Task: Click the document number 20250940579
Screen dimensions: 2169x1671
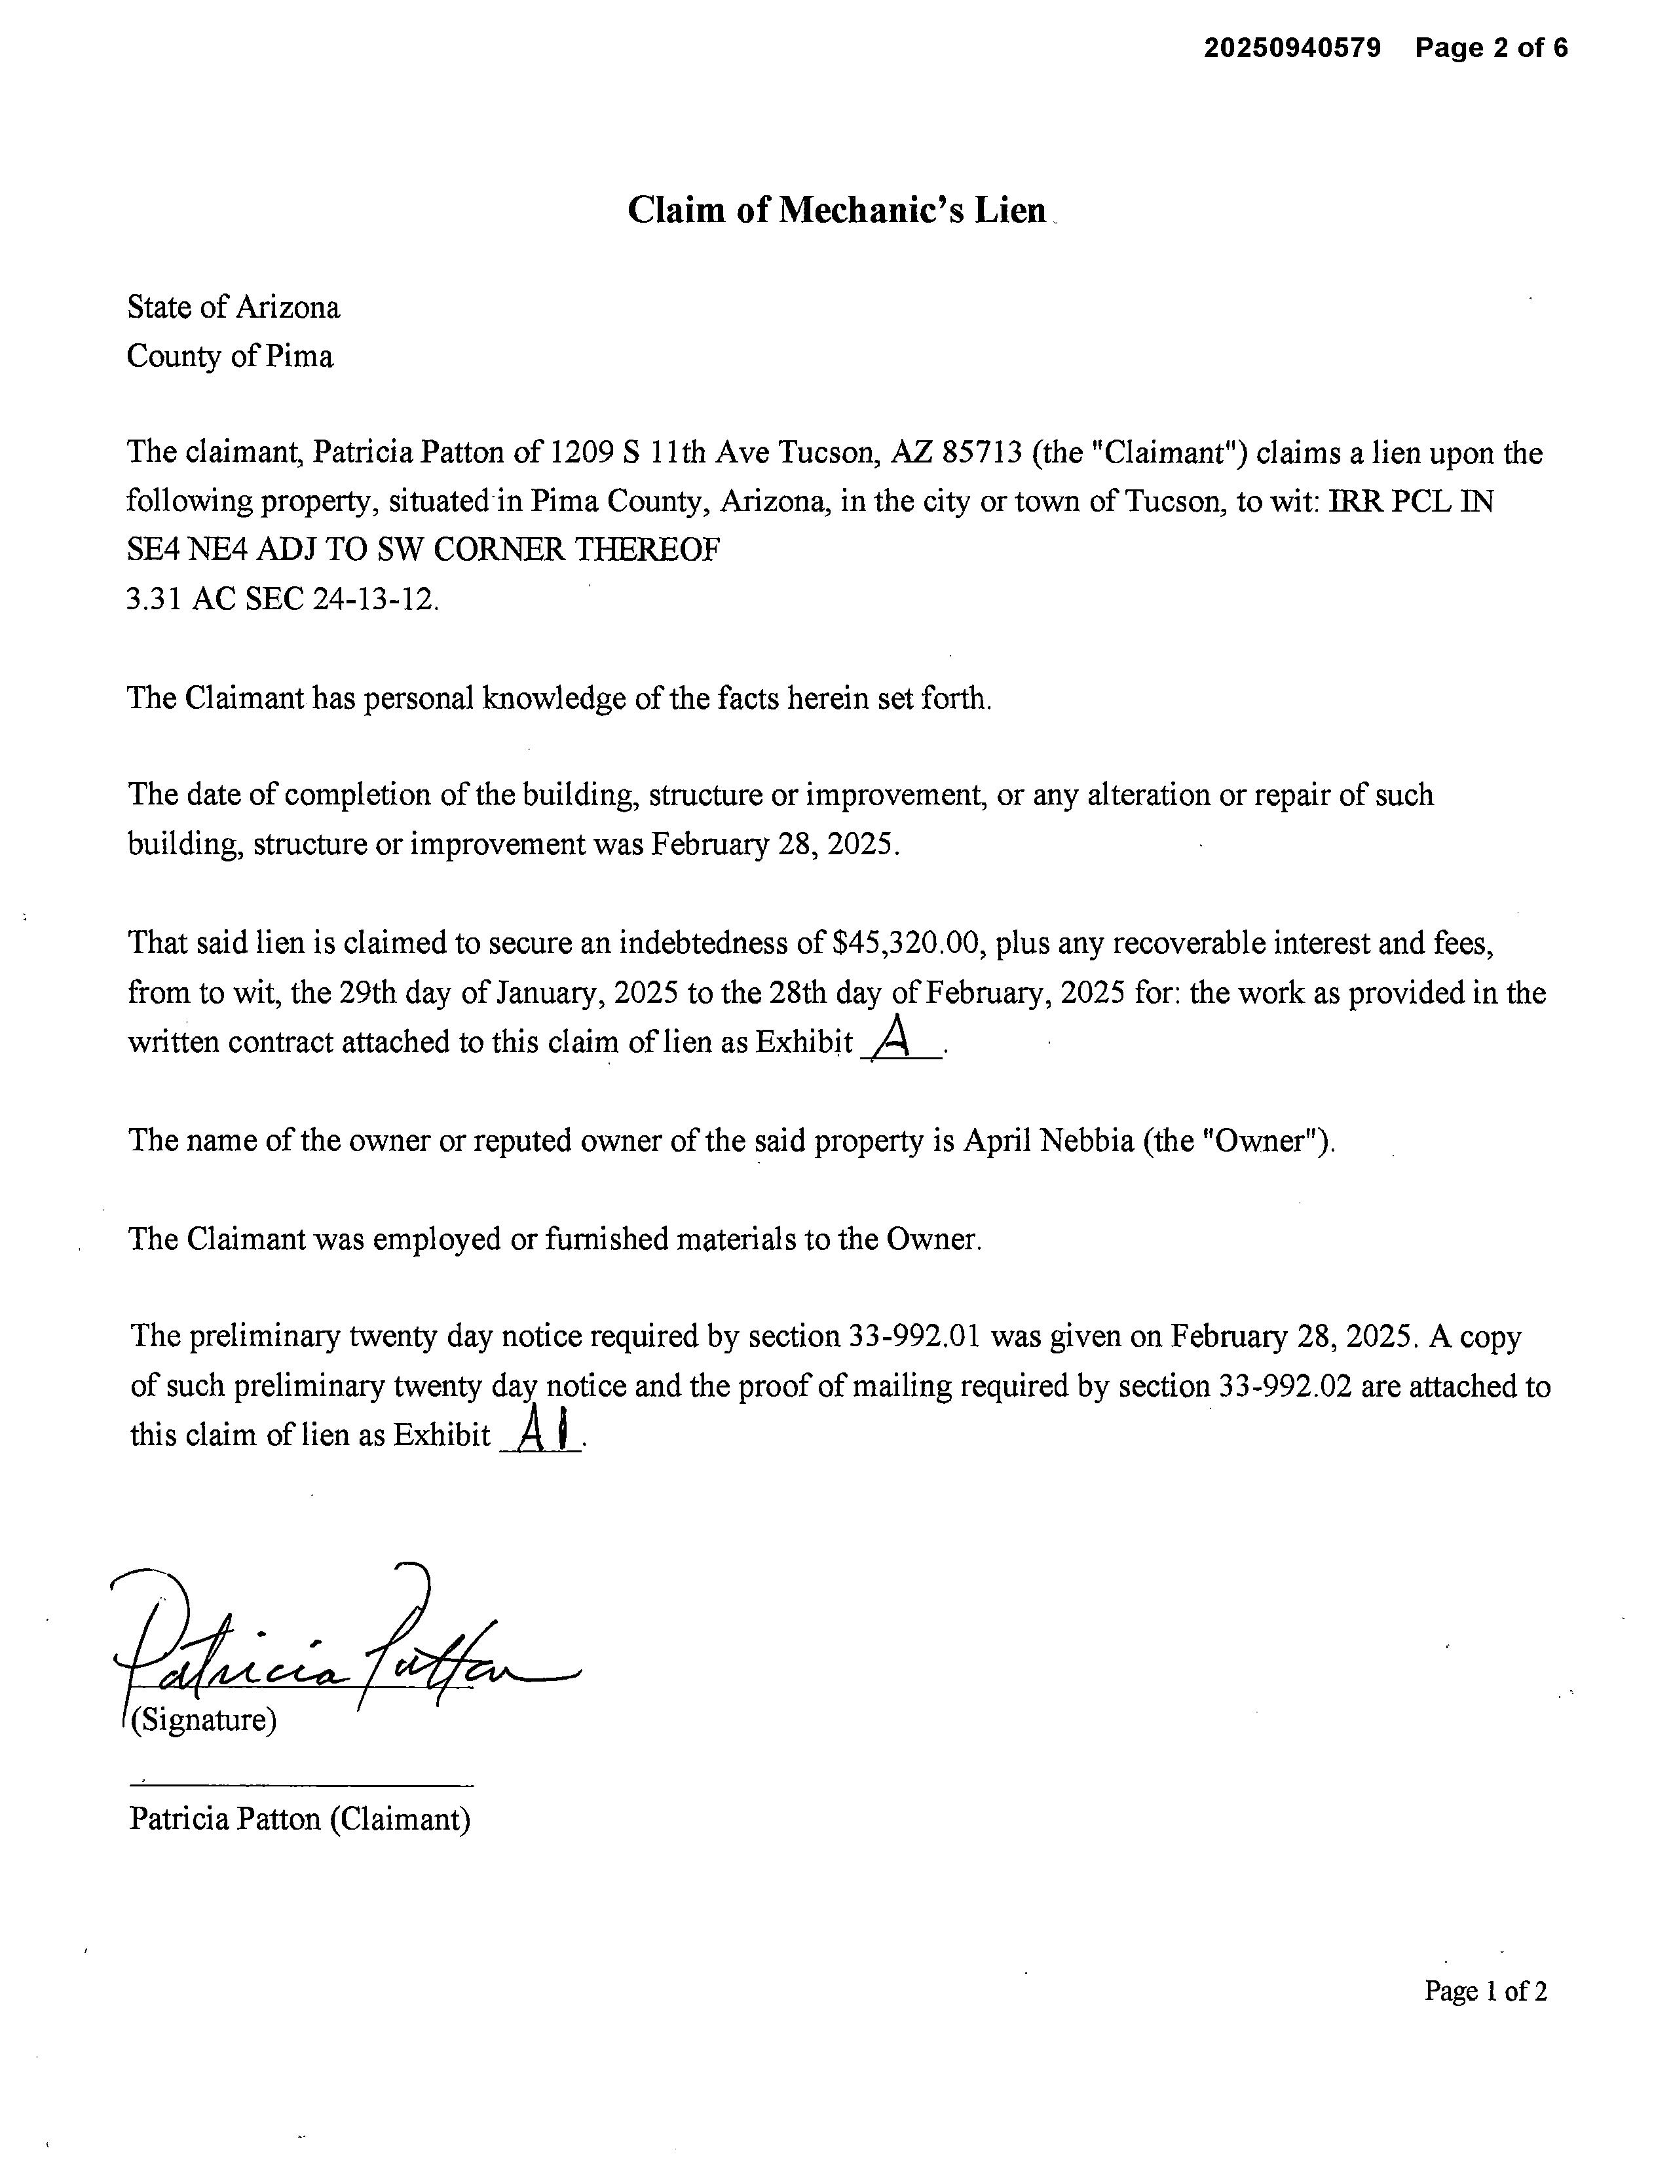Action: [1292, 48]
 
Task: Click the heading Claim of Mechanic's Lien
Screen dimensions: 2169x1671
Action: [836, 210]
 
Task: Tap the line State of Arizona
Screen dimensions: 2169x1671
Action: [233, 307]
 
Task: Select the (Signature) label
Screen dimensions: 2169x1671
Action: [204, 1719]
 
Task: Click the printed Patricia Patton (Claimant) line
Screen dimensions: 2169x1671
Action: [299, 1819]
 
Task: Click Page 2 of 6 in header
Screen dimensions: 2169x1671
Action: [1492, 48]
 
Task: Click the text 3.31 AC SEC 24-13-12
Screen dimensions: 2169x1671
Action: [282, 599]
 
